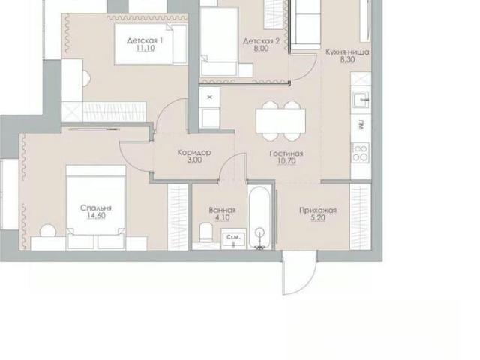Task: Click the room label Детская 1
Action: [x=145, y=40]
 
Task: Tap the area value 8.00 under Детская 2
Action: [x=261, y=49]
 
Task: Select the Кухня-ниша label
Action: [x=347, y=52]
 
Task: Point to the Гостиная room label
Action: [x=286, y=154]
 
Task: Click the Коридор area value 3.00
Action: [x=195, y=160]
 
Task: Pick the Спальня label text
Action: [x=96, y=208]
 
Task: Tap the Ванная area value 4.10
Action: [x=223, y=218]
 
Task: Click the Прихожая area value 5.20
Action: [x=318, y=218]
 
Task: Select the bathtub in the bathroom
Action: [x=260, y=217]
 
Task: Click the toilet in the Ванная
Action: [x=206, y=232]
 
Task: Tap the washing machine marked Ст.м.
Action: [x=233, y=238]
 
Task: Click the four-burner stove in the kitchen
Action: [x=361, y=153]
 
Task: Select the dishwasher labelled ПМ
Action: [x=361, y=125]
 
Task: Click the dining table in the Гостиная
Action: [x=280, y=121]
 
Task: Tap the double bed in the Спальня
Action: [x=96, y=207]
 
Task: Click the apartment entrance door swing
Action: [x=300, y=272]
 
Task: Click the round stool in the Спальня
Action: [x=48, y=231]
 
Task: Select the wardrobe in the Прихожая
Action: [x=361, y=217]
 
